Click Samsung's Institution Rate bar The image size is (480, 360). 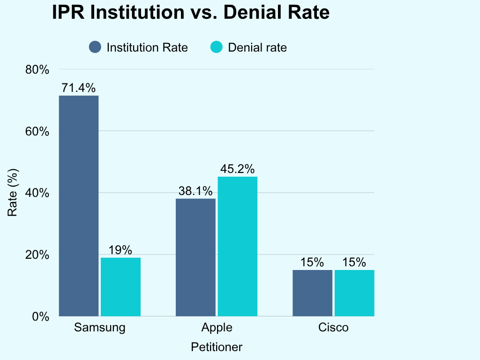click(x=79, y=206)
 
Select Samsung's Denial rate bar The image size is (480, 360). click(x=120, y=287)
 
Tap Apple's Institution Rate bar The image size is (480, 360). click(x=195, y=257)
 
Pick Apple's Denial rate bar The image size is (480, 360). click(x=238, y=247)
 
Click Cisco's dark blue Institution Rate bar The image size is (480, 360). click(x=313, y=293)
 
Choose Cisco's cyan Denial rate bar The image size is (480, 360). click(x=354, y=293)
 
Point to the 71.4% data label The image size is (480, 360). click(x=79, y=88)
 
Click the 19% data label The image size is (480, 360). click(x=120, y=250)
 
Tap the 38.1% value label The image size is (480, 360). click(x=195, y=191)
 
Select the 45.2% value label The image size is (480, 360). click(x=238, y=169)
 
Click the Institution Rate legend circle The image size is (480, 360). click(x=95, y=47)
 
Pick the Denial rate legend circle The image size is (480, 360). click(x=217, y=47)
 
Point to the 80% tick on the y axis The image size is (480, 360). click(x=37, y=70)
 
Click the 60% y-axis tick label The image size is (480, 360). click(x=37, y=132)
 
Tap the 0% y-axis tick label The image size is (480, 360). click(x=41, y=316)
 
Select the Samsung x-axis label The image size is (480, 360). click(x=100, y=328)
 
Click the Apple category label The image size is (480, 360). click(x=217, y=328)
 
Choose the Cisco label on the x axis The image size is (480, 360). click(x=333, y=328)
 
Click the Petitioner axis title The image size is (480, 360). click(x=217, y=347)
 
